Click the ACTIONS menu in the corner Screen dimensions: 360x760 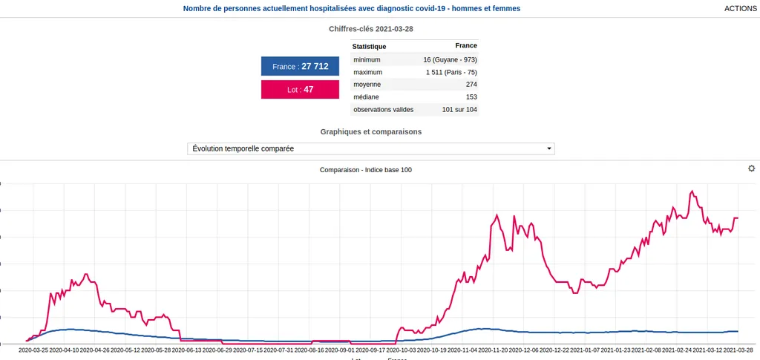point(740,8)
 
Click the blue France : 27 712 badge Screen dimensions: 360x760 point(300,66)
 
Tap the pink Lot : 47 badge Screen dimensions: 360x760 point(300,89)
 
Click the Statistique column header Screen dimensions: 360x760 point(369,46)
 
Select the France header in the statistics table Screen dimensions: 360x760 point(465,46)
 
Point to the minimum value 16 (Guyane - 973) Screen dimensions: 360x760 point(450,59)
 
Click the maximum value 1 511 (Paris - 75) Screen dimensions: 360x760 point(451,72)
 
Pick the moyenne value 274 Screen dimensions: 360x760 point(471,85)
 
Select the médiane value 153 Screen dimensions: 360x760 point(471,96)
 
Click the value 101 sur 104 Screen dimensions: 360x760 point(459,109)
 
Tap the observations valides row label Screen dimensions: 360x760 point(383,109)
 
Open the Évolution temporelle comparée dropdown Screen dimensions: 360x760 point(370,148)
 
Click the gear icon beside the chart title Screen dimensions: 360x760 point(751,168)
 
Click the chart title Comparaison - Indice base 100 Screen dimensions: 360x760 point(365,170)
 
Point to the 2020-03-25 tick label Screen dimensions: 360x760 point(33,350)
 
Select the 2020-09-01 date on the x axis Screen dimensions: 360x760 point(340,350)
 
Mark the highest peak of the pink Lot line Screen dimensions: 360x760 point(692,191)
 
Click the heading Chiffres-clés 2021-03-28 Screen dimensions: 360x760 point(370,29)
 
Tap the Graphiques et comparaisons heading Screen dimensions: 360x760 point(370,131)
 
